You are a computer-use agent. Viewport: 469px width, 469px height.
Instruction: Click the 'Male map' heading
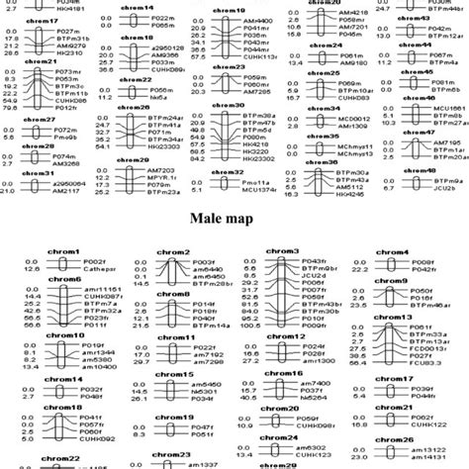[234, 220]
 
